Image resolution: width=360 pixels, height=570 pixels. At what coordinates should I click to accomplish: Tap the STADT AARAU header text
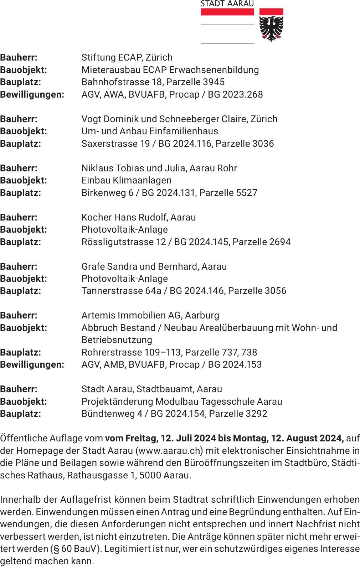[x=227, y=4]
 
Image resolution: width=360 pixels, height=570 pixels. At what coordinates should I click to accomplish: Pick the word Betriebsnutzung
[x=117, y=340]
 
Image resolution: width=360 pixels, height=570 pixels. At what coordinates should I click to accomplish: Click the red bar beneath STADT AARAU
[x=227, y=12]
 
